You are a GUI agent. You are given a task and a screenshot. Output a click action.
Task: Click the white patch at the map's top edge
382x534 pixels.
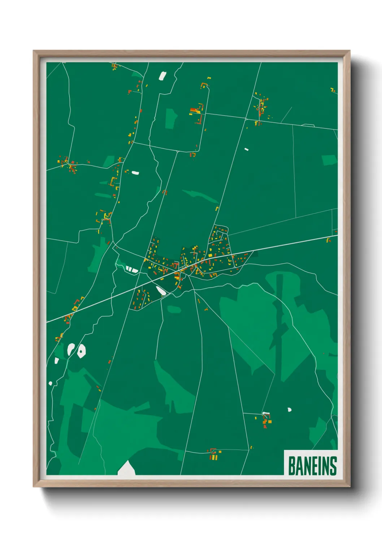tap(162, 76)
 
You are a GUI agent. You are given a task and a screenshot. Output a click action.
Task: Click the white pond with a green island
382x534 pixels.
tap(81, 351)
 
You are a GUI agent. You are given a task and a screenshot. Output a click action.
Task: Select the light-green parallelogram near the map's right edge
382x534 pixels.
tap(329, 160)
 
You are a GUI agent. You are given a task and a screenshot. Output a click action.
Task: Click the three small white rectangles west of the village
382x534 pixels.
tap(131, 269)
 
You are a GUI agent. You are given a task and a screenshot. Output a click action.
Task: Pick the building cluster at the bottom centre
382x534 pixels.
tap(214, 454)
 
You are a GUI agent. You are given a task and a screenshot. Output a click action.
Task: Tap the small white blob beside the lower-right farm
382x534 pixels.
tap(289, 410)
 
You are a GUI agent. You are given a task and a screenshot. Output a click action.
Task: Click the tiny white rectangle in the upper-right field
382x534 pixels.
tap(246, 149)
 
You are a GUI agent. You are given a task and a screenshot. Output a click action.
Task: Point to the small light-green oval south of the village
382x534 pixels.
tap(174, 309)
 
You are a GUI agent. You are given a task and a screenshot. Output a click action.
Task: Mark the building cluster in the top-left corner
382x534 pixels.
tap(114, 66)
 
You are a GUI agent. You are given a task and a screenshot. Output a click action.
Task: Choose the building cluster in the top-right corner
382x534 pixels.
tap(333, 89)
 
